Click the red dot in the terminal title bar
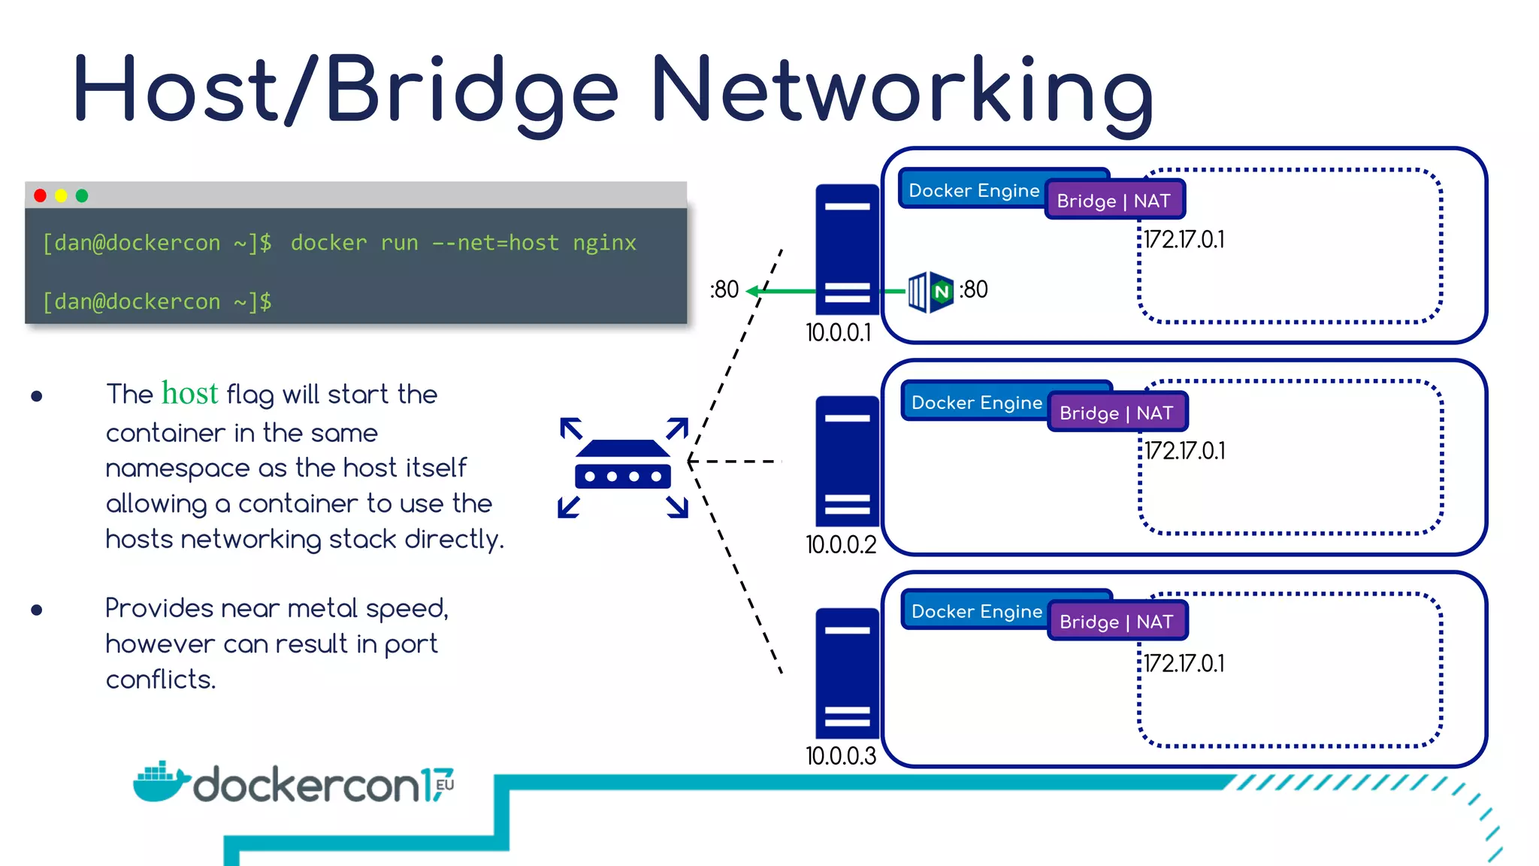coord(41,195)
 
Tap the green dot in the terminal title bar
coord(82,195)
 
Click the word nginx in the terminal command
coord(604,243)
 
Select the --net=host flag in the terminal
coord(495,243)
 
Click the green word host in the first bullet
coord(189,393)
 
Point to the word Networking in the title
coord(902,90)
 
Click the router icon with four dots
coord(623,466)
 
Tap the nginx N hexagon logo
coord(941,292)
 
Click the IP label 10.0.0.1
coord(838,332)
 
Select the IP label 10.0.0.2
coord(840,544)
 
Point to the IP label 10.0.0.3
coord(840,755)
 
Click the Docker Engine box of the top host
coord(973,190)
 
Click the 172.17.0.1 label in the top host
coord(1184,239)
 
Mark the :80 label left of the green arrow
coord(724,289)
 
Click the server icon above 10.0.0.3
coord(847,673)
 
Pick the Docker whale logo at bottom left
coord(160,782)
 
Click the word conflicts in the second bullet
coord(160,680)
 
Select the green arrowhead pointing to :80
coord(751,291)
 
